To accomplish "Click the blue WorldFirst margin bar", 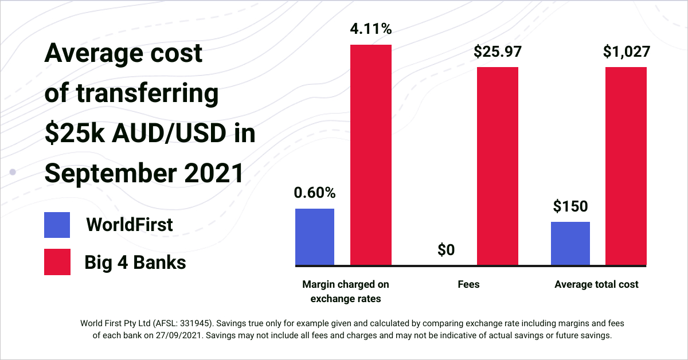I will (315, 237).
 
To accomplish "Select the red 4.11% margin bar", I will (371, 155).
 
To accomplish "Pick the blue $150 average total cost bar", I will (570, 243).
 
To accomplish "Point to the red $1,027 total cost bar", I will (626, 166).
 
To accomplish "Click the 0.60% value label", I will (315, 193).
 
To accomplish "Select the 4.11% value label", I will (371, 29).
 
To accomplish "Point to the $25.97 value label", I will (498, 52).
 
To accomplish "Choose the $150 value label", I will (570, 206).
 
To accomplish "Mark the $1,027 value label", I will (626, 52).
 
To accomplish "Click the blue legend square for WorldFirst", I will (57, 225).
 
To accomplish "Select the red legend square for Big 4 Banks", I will (57, 262).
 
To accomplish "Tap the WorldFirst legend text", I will (129, 225).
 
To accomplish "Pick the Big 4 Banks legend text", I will (135, 263).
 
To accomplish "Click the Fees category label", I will (469, 284).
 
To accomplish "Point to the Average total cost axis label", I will (596, 284).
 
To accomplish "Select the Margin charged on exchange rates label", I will (346, 291).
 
